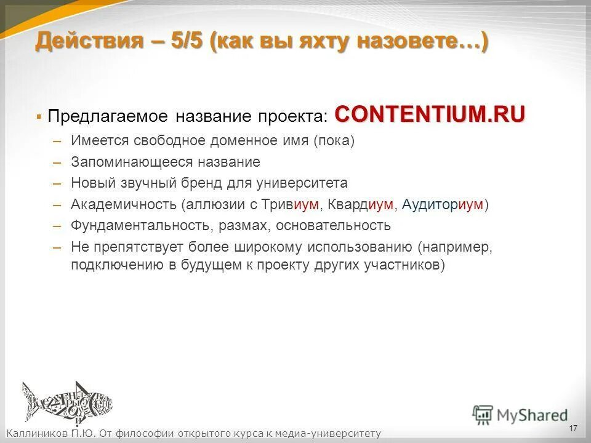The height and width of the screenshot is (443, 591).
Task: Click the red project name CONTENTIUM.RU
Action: coord(430,114)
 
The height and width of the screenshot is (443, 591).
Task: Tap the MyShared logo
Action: coord(520,414)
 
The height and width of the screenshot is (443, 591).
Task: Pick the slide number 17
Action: coord(573,428)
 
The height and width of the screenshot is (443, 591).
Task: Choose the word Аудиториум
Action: coord(442,204)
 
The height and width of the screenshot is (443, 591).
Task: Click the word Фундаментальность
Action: coord(140,225)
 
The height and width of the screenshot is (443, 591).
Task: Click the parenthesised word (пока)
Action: coord(334,142)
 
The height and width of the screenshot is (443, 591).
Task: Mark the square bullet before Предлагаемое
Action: coord(39,116)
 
